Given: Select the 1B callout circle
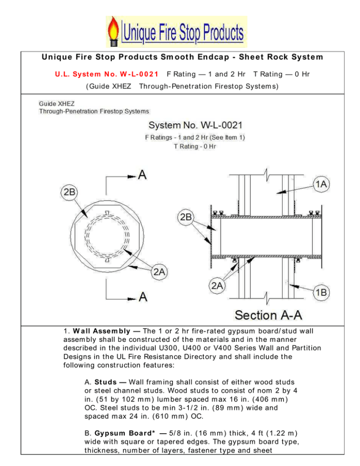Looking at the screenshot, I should point(321,292).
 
